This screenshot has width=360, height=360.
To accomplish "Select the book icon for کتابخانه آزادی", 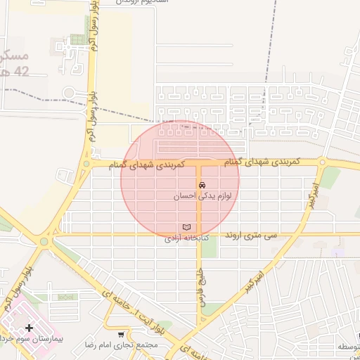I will pyautogui.click(x=186, y=227).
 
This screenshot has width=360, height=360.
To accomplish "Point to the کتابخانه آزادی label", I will pyautogui.click(x=185, y=239).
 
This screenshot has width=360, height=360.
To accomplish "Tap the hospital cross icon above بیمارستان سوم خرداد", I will pyautogui.click(x=29, y=328).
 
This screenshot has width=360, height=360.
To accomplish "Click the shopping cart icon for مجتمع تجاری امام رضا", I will pyautogui.click(x=122, y=335).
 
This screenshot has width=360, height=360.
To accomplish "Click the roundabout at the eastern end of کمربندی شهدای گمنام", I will pyautogui.click(x=322, y=162).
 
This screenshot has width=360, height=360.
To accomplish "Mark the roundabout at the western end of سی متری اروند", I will pyautogui.click(x=44, y=241).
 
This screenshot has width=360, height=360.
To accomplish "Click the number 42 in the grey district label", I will pyautogui.click(x=21, y=71).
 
